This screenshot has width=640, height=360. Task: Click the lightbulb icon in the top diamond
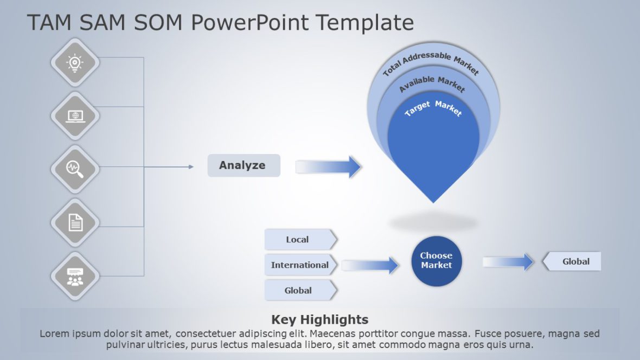75,63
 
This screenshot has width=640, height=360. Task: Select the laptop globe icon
75,115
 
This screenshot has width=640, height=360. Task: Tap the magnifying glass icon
75,169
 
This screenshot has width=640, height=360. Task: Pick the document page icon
75,222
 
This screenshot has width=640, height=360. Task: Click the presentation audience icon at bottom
75,276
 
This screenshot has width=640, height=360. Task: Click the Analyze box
244,165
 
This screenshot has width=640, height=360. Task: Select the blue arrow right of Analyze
329,166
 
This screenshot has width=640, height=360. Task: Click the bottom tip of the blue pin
433,201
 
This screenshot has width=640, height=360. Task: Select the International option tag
300,265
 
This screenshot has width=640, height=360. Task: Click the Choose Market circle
436,261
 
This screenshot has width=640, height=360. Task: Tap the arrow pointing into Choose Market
370,265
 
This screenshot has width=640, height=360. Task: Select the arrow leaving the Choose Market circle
508,262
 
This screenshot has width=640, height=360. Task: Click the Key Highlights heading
319,319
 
